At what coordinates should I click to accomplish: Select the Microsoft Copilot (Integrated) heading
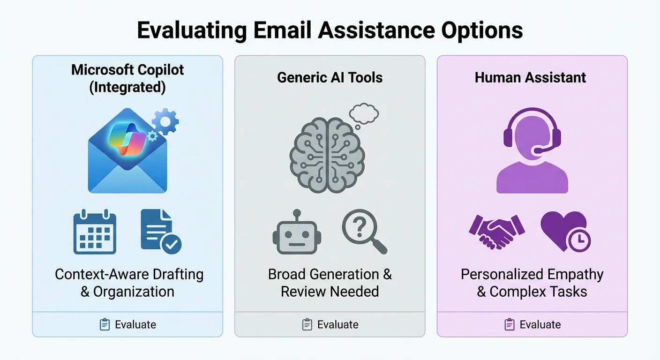point(127,78)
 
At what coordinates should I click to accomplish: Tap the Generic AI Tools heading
point(330,77)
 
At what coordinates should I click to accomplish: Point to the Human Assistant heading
point(530,77)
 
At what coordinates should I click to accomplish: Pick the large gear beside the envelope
point(165,121)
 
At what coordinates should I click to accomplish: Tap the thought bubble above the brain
point(364,114)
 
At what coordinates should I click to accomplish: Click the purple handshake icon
point(496,231)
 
